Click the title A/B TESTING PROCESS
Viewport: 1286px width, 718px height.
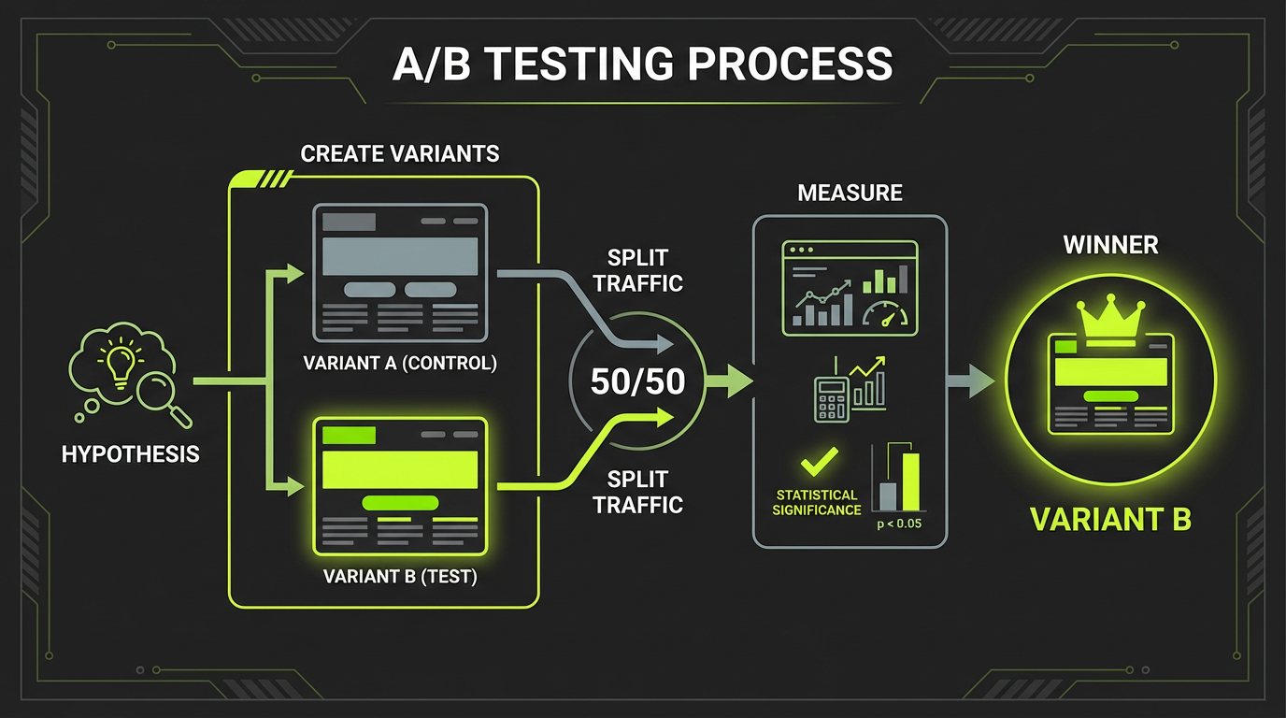coord(643,65)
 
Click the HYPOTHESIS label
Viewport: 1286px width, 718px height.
coord(130,454)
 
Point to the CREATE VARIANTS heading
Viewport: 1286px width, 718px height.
coord(400,154)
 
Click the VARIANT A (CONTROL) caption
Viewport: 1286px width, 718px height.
coord(400,363)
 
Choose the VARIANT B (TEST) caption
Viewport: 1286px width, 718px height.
coord(400,576)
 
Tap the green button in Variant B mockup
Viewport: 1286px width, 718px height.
coord(399,503)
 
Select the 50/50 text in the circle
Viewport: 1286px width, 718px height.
coord(638,381)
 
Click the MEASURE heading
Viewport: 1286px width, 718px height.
coord(850,194)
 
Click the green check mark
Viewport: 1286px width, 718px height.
coord(819,463)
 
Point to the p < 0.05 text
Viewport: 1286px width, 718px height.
coord(898,524)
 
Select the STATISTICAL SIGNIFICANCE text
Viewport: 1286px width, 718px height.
coord(816,502)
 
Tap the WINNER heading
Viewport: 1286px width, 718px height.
coord(1110,245)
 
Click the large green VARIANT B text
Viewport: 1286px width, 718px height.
coord(1110,520)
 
